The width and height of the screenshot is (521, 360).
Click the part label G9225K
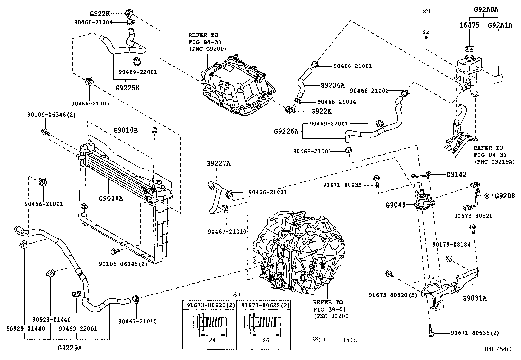point(127,88)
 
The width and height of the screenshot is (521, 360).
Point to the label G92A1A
point(500,25)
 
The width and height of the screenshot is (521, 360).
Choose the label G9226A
point(286,131)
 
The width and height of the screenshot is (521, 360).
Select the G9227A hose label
point(218,163)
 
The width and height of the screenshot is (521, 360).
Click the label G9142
point(456,174)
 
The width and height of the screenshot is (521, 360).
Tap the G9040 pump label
point(395,205)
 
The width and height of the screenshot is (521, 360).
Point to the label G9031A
point(474,298)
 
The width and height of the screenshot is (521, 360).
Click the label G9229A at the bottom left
point(69,348)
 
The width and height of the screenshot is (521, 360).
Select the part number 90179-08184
point(451,244)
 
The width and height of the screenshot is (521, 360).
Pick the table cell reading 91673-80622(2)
point(265,305)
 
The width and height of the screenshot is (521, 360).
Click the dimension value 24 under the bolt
point(212,340)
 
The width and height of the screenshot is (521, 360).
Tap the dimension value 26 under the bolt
point(266,340)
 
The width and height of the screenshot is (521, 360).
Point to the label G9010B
point(125,130)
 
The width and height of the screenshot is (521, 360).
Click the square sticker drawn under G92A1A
point(498,79)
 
